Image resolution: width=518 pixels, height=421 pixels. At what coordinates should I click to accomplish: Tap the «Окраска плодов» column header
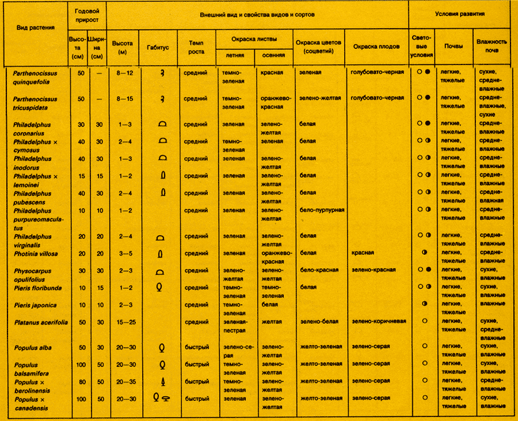376,47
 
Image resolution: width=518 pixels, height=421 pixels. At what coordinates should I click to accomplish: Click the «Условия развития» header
459,13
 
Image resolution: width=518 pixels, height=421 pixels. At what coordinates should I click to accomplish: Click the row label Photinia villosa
37,252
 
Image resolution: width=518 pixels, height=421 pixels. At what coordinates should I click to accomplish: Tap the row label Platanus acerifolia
41,322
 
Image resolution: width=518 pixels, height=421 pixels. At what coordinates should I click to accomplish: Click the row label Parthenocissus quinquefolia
39,76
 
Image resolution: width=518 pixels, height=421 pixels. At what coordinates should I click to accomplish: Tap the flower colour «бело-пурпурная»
322,210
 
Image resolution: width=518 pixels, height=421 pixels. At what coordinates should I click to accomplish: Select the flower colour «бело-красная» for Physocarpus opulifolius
319,270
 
